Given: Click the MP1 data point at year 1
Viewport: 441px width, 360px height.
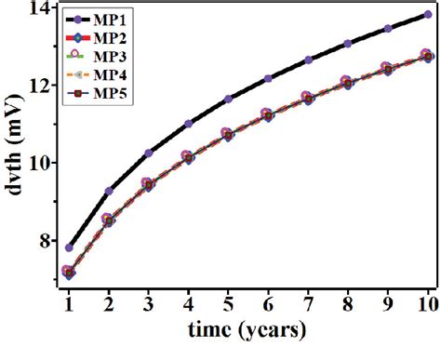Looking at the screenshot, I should click(69, 247).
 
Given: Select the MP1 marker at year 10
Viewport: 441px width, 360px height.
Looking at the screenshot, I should click(427, 15).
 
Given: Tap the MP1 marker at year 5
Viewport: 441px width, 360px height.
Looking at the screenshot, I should click(228, 99).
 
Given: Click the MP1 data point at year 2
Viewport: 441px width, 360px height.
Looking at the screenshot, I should click(109, 191).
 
